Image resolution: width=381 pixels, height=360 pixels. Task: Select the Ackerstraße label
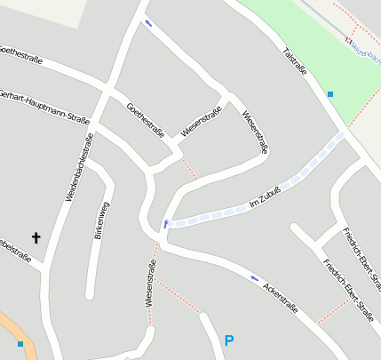pos(280,301)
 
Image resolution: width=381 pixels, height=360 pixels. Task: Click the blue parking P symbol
pos(229,340)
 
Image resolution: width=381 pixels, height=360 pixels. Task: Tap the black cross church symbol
pos(36,237)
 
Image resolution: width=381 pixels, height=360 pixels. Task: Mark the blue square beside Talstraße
pos(330,93)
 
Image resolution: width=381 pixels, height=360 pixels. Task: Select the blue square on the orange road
pos(20,343)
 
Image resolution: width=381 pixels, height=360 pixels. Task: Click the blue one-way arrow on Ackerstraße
pos(255,279)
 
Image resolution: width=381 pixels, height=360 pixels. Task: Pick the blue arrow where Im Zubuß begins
pos(164,222)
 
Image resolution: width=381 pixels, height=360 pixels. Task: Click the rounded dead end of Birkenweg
pos(89,293)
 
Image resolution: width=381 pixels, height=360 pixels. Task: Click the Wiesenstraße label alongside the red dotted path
pos(152,284)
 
